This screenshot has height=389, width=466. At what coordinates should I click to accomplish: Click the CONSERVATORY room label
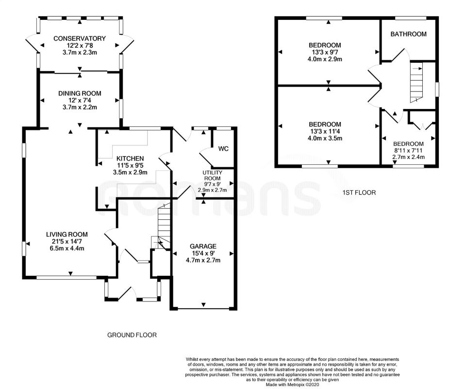79,38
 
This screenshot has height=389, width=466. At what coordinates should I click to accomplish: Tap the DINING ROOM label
80,93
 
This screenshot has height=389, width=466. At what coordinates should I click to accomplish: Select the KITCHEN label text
130,159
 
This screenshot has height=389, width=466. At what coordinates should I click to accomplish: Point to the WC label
223,148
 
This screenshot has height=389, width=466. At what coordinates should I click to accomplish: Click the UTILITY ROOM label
213,176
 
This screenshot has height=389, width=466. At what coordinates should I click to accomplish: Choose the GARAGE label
203,247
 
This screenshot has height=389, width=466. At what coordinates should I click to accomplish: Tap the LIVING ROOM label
67,234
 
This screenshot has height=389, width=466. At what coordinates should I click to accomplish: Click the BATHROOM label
408,34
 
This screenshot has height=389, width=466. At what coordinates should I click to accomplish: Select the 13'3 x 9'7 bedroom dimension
325,52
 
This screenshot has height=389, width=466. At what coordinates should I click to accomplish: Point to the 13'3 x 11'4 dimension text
325,131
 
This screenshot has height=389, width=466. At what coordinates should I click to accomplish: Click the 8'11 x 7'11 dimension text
408,151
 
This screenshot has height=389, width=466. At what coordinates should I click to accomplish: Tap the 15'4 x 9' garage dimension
203,253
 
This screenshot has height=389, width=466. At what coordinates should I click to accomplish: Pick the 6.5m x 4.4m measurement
67,248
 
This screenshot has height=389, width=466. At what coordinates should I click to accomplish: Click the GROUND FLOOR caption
132,335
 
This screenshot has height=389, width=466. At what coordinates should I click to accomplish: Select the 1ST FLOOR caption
359,193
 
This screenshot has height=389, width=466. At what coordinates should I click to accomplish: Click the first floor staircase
416,82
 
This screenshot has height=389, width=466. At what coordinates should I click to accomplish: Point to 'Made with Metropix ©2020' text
292,385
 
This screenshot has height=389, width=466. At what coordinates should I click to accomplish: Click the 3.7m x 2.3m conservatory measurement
80,53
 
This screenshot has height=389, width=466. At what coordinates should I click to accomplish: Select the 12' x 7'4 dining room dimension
80,101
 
